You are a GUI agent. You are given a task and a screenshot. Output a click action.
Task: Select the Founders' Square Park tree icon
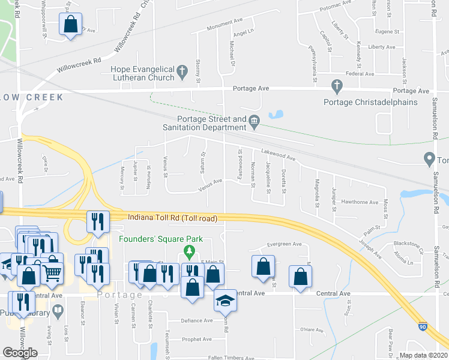pyautogui.click(x=190, y=250)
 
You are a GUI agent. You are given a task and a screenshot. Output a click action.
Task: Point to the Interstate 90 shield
pyautogui.click(x=423, y=326)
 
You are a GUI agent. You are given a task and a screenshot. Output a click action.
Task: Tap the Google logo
pyautogui.click(x=20, y=352)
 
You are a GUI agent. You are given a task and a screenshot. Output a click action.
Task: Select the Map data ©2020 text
pyautogui.click(x=423, y=355)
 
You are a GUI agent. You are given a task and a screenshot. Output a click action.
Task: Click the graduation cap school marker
pyautogui.click(x=225, y=300)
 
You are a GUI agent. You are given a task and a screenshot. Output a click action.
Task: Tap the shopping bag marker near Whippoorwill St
pyautogui.click(x=70, y=25)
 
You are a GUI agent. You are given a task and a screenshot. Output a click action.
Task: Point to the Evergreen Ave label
pyautogui.click(x=285, y=244)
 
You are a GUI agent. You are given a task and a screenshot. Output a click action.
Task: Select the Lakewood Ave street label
pyautogui.click(x=279, y=155)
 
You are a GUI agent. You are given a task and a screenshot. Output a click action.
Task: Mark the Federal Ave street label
pyautogui.click(x=360, y=74)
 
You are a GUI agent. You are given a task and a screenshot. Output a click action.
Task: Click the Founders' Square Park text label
pyautogui.click(x=161, y=239)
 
